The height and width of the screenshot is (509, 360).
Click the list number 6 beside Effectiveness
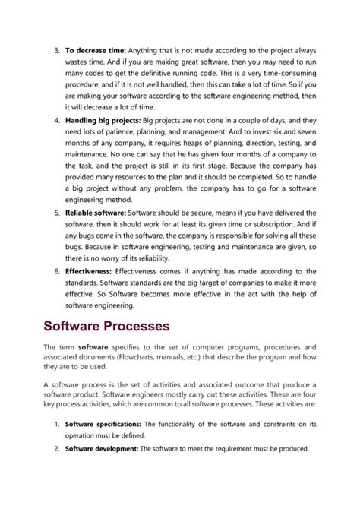56,271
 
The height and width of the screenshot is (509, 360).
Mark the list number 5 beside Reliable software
56,213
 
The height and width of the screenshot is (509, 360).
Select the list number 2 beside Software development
56,448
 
